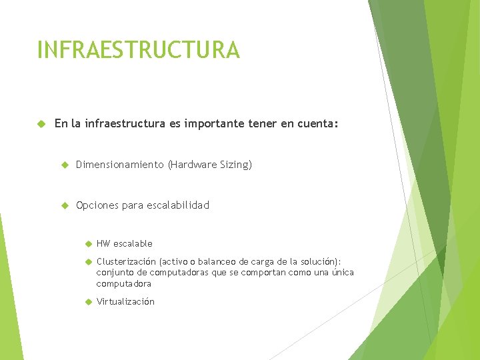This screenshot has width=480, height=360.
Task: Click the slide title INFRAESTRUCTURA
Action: [x=138, y=50]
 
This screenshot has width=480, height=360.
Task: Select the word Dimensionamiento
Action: [x=119, y=165]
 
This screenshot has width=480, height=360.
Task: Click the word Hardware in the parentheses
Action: [x=193, y=165]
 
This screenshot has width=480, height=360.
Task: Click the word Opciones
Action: [x=98, y=205]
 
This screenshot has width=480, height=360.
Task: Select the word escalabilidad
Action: [x=176, y=205]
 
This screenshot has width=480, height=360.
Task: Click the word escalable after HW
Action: [x=133, y=244]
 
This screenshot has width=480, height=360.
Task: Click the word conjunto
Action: [x=114, y=273]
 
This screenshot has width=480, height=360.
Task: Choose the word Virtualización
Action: [x=125, y=302]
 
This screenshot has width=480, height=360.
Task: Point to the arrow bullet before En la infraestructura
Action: [x=41, y=123]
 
